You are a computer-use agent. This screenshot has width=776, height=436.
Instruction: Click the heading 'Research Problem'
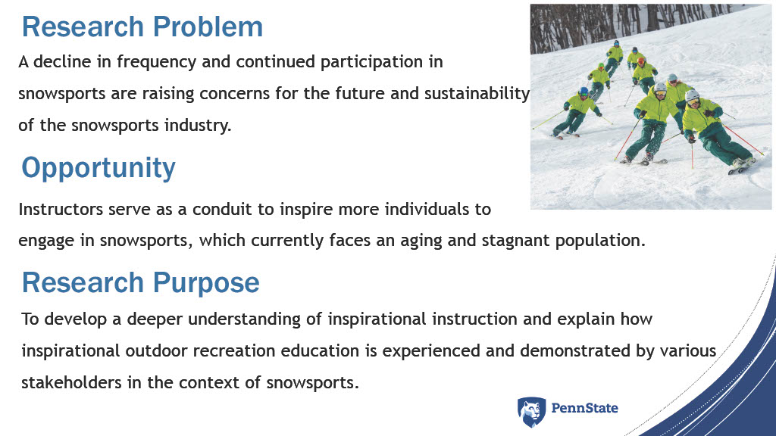click(142, 27)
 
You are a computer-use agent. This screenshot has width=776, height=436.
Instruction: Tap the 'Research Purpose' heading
click(140, 283)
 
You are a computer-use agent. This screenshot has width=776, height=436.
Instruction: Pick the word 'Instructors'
click(61, 209)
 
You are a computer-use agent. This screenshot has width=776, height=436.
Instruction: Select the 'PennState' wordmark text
click(584, 408)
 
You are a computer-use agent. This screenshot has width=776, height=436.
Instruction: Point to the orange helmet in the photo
click(641, 61)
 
